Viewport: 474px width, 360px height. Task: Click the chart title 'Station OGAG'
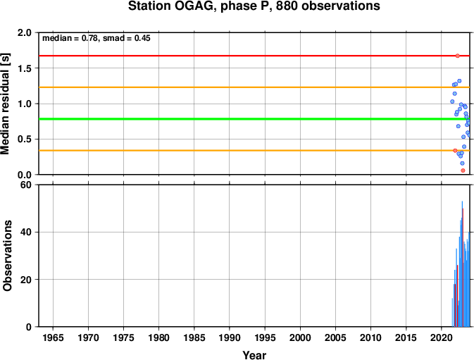[x=172, y=6]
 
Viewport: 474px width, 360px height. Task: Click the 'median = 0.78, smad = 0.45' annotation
[x=96, y=38]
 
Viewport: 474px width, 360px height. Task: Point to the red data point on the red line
[x=457, y=56]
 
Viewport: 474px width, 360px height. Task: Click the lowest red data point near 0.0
[x=463, y=170]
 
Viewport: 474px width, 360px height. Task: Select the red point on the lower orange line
[x=455, y=151]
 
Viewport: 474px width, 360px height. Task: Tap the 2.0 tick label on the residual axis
[x=25, y=32]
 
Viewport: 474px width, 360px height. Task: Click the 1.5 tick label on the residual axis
[x=25, y=68]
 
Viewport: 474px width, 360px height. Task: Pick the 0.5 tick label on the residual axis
[x=25, y=139]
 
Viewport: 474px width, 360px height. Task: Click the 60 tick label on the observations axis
[x=26, y=185]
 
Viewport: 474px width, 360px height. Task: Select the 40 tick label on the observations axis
[x=26, y=232]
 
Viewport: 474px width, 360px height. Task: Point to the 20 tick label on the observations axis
[x=26, y=280]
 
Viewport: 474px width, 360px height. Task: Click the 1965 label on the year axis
[x=54, y=337]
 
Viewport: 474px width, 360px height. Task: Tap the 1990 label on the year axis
[x=230, y=337]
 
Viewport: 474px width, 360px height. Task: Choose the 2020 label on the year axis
[x=442, y=337]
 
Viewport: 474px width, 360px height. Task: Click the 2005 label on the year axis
[x=335, y=337]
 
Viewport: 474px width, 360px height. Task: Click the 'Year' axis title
[x=254, y=355]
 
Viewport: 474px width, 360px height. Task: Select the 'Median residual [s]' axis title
[x=5, y=104]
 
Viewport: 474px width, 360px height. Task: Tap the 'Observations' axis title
[x=7, y=256]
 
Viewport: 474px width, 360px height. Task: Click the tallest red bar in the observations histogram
[x=463, y=268]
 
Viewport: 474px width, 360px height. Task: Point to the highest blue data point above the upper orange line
[x=459, y=81]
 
